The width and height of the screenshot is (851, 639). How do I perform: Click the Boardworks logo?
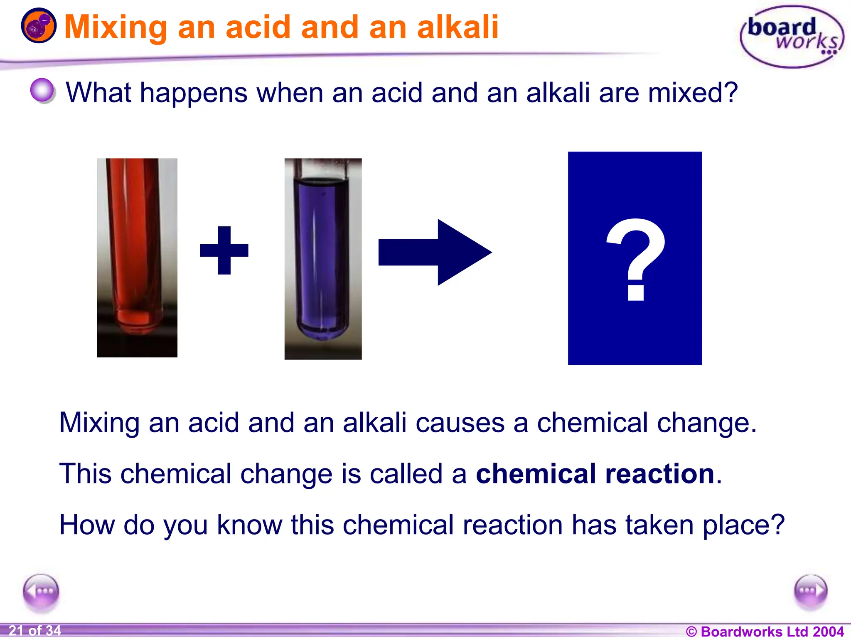pos(792,37)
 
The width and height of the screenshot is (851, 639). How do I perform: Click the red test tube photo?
pos(137,258)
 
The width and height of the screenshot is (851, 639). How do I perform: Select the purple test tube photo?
pos(323,259)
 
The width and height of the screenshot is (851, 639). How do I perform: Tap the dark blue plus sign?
pos(224,250)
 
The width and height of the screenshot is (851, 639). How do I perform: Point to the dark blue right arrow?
pos(435,252)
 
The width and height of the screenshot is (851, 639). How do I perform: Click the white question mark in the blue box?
pos(635,258)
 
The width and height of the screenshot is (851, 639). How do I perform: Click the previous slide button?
pos(41,591)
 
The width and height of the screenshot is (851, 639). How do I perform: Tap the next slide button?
pos(810,591)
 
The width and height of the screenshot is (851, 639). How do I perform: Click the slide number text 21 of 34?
pos(35,631)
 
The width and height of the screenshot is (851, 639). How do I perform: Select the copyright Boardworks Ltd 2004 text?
pos(764,632)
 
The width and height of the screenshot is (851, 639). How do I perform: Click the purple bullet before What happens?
pos(42,90)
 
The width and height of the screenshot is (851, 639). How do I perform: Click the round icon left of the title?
pos(39,26)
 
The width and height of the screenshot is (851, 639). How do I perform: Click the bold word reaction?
pos(660,474)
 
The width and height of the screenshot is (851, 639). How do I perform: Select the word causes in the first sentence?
pos(460,423)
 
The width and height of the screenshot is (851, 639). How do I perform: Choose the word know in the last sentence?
pos(249,525)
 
